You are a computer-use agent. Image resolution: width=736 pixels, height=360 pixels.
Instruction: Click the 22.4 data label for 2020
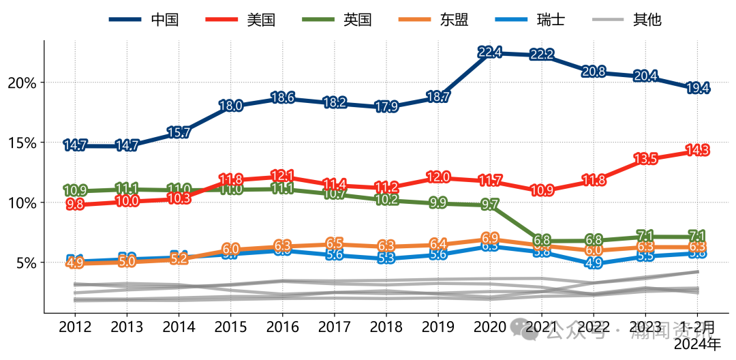click(490, 52)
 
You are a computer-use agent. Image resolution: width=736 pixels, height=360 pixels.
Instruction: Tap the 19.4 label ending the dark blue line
click(699, 88)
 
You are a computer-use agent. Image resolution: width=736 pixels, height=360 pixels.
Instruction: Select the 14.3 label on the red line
click(699, 150)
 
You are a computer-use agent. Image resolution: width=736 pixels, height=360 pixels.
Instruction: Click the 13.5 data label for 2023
click(646, 159)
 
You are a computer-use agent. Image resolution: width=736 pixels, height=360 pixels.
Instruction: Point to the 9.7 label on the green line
click(490, 205)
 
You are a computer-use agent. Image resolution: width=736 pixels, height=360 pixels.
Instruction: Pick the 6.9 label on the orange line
click(490, 238)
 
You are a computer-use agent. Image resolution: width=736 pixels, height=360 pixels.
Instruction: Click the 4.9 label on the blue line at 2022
click(594, 263)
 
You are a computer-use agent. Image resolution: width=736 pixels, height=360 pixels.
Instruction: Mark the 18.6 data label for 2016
click(282, 97)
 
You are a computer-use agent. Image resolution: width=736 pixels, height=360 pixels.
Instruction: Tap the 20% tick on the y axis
click(22, 82)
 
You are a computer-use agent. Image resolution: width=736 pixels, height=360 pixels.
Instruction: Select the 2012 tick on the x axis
click(74, 327)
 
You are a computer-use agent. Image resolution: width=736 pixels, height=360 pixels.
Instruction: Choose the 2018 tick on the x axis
click(386, 327)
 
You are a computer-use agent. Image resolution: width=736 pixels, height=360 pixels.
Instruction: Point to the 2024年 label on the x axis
click(697, 344)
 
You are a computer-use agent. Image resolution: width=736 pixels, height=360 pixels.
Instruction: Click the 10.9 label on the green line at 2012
click(74, 191)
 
